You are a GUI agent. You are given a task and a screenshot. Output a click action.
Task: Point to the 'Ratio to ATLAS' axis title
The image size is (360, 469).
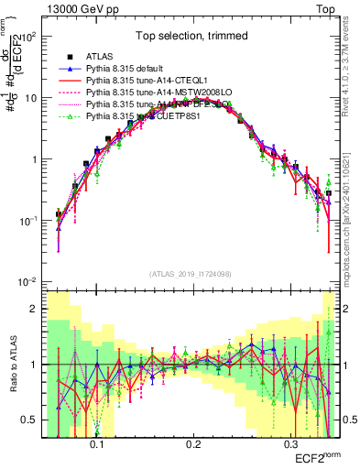coord(12,365)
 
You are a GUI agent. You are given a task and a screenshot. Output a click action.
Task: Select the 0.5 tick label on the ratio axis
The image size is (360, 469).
coord(33,420)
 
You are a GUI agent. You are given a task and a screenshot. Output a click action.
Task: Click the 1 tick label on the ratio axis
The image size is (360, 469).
coord(37,365)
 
